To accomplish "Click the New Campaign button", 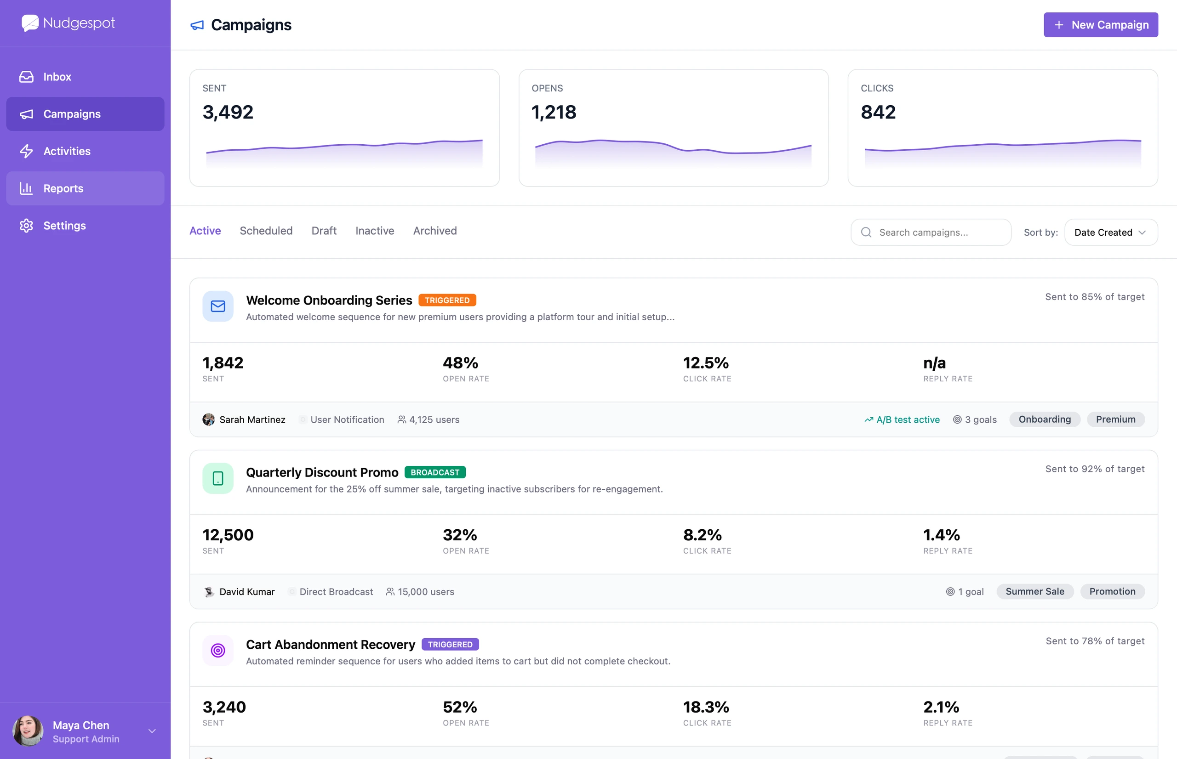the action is point(1101,25).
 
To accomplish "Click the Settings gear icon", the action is point(26,226).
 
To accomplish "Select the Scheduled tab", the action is point(266,231).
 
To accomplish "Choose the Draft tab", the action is point(324,231).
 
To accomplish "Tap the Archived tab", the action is point(435,231).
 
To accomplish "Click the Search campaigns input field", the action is point(931,232).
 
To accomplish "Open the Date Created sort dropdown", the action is point(1111,232).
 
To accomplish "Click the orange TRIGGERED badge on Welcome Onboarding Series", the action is point(447,300).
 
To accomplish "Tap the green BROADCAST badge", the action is point(435,472).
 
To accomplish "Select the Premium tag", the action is point(1116,419).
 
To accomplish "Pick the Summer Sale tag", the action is point(1035,591).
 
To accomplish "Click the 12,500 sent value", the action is point(228,535).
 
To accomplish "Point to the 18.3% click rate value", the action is point(706,707).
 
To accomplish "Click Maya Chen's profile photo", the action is point(28,731).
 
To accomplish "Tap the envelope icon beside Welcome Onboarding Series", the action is point(218,306).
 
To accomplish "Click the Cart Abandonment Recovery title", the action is point(331,645).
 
